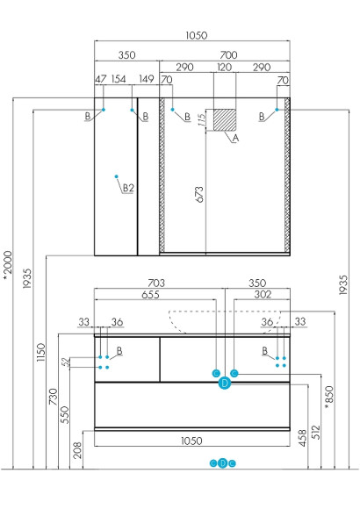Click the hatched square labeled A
(225, 119)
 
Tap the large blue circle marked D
(225, 384)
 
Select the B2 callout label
(128, 188)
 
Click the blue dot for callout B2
(116, 176)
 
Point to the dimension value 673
(200, 194)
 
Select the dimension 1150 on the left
(40, 352)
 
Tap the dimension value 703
(156, 283)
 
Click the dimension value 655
(150, 295)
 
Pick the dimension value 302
(263, 294)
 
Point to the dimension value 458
(303, 438)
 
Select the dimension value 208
(77, 450)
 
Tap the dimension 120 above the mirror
(224, 68)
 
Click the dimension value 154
(119, 79)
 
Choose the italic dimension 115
(202, 120)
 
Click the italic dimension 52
(66, 362)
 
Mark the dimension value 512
(315, 432)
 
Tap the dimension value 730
(53, 397)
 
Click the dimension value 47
(101, 79)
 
